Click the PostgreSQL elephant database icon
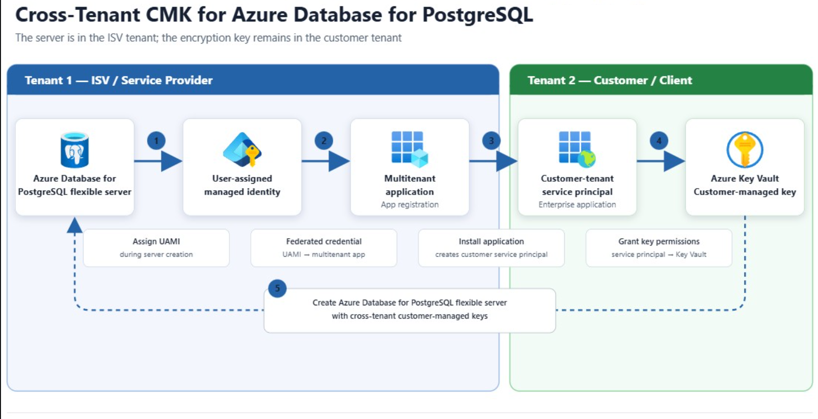coord(74,149)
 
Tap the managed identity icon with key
coord(242,149)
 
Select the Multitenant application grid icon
coord(410,149)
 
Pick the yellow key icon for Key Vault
coord(744,149)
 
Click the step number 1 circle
coord(156,141)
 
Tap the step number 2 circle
coord(324,141)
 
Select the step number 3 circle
coord(492,141)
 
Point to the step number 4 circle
coord(659,141)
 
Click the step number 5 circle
coord(278,288)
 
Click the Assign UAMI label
coord(156,241)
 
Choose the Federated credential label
coord(324,241)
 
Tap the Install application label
coord(492,241)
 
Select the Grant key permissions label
coord(659,241)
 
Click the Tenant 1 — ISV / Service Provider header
coord(119,80)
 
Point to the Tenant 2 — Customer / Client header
coord(610,80)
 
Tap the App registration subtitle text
coord(410,205)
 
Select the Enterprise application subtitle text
coord(577,205)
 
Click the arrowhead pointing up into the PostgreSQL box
coord(75,225)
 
